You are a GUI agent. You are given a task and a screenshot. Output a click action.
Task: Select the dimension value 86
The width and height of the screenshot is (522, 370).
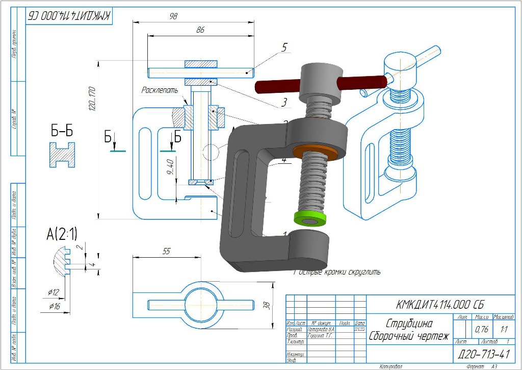(200, 31)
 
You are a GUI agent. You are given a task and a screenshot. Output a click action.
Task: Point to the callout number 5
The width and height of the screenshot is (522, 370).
(284, 47)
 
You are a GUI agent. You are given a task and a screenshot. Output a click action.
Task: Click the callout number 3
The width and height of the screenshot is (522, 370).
(284, 103)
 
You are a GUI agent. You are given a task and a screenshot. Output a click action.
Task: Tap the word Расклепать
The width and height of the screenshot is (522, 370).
(160, 90)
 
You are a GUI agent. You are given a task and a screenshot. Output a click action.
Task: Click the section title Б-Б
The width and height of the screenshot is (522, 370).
(62, 131)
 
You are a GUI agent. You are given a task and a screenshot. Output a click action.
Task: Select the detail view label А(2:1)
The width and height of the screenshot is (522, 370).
(62, 234)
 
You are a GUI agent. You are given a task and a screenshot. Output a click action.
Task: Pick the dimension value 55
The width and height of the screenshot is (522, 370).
(166, 252)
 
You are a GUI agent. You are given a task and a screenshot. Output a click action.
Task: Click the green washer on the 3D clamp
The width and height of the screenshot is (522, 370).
(309, 219)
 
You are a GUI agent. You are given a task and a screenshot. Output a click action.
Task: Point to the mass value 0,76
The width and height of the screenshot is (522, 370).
(481, 329)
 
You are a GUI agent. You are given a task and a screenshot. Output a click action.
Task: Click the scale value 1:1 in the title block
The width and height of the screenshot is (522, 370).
(505, 329)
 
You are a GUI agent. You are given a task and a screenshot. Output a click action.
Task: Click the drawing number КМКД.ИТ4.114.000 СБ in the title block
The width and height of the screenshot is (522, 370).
(439, 305)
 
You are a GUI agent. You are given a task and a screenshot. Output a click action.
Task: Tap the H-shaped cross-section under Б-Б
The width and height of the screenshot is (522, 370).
(62, 155)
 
